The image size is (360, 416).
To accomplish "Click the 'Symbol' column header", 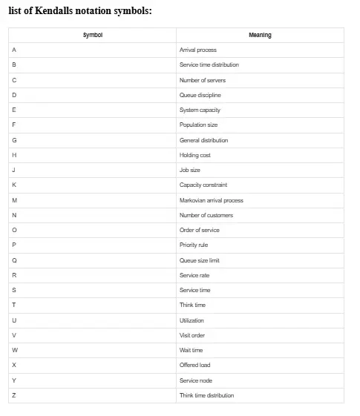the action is (x=93, y=35).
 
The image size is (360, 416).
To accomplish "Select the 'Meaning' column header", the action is (x=260, y=35).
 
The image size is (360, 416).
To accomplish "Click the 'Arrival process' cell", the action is (x=198, y=50).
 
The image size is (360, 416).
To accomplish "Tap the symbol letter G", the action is (x=14, y=140).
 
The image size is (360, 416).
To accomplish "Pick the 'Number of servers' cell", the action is (x=203, y=80).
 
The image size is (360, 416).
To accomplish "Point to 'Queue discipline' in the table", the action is (x=200, y=95).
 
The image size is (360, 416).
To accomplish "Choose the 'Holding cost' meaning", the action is (x=195, y=155).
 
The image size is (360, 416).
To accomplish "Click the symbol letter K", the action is (x=14, y=185).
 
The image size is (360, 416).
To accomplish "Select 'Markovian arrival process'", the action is (x=212, y=200).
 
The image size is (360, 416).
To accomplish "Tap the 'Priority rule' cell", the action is (x=194, y=245).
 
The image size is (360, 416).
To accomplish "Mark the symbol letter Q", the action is (x=14, y=260).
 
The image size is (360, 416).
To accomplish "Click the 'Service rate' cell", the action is (x=194, y=275).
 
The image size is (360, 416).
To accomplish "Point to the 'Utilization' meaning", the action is (x=192, y=320).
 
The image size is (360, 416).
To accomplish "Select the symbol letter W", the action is (x=15, y=350).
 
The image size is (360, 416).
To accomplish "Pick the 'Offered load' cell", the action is (x=195, y=365).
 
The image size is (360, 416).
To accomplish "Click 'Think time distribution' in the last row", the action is (x=207, y=395).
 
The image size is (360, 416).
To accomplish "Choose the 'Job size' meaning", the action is (x=190, y=170).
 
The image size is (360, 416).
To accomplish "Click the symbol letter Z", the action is (x=14, y=395).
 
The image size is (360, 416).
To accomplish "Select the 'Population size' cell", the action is (x=199, y=125).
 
